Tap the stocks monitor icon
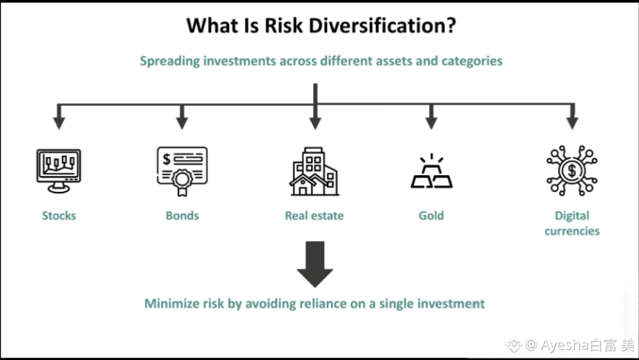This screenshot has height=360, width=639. (x=58, y=170)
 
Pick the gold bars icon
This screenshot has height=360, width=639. (x=431, y=172)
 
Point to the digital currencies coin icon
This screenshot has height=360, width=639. (x=572, y=171)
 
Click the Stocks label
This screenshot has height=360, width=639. (x=59, y=216)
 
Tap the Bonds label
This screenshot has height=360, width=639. (x=182, y=216)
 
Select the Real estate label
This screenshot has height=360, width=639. (x=314, y=216)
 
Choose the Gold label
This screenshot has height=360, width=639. (x=431, y=216)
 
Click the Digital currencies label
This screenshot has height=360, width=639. (x=572, y=223)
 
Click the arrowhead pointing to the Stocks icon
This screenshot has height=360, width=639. (x=59, y=123)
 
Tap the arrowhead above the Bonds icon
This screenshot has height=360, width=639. (x=182, y=123)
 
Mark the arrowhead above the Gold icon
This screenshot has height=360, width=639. (x=431, y=123)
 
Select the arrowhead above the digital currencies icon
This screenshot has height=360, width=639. (x=572, y=123)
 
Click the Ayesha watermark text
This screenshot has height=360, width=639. (x=570, y=344)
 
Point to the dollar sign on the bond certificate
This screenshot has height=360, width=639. (x=167, y=159)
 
